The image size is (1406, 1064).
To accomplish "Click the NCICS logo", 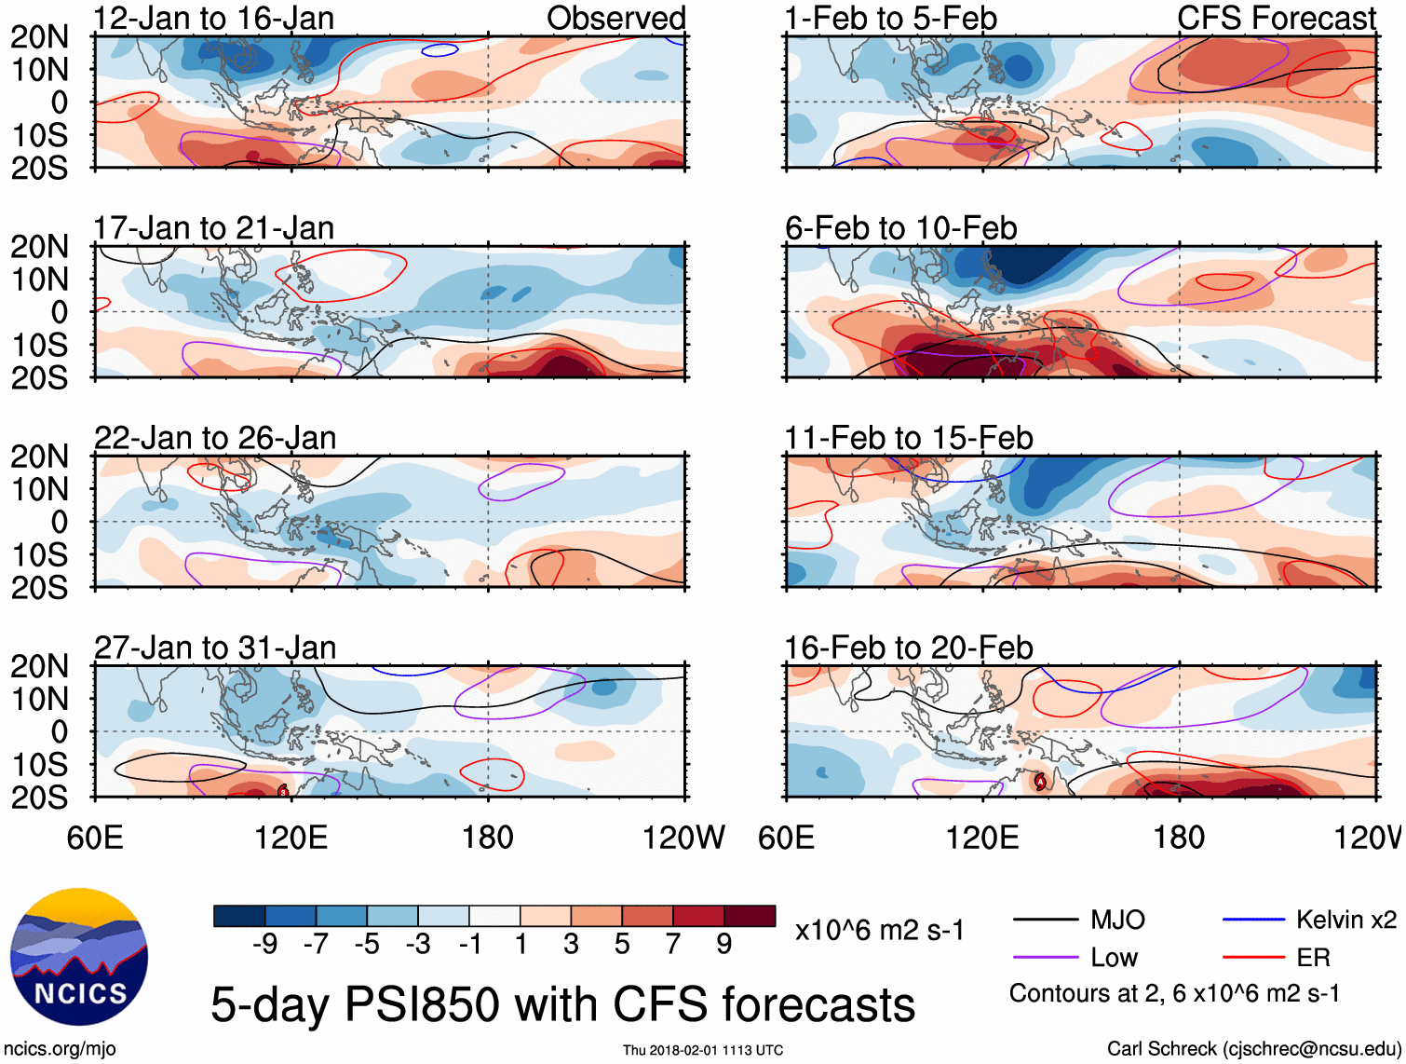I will pos(79,957).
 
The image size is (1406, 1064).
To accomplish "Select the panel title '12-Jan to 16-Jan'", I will pos(213,19).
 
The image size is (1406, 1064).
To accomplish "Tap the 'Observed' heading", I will pos(615,19).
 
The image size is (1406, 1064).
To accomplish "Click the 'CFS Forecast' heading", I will pos(1276,19).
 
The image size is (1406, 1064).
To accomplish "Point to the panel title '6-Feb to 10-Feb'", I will pos(900,228).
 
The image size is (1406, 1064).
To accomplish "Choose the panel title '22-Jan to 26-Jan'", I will pos(215,438).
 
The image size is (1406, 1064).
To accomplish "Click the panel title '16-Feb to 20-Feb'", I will pos(908,648).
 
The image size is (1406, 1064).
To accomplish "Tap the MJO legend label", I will pos(1117,920).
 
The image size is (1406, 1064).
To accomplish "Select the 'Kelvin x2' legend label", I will pos(1345,920).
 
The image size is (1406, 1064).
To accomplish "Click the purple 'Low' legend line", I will pos(1046,957).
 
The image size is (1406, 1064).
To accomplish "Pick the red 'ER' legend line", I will pos(1253,957).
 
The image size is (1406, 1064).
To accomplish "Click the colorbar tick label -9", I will pos(265,945).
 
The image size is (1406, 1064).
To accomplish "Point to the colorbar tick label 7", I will pos(673,945).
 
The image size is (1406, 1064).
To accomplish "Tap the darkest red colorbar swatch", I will pos(750,916).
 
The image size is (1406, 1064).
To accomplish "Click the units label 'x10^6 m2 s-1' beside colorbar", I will pos(879,930).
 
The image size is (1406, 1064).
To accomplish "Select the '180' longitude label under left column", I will pos(488,838).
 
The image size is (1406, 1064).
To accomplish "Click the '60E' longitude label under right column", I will pos(787,838).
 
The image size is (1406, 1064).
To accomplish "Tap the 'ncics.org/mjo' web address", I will pos(60,1049).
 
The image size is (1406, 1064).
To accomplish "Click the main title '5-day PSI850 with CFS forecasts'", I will pos(562,1004).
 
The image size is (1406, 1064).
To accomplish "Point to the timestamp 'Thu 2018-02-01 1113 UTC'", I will pos(703,1050).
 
